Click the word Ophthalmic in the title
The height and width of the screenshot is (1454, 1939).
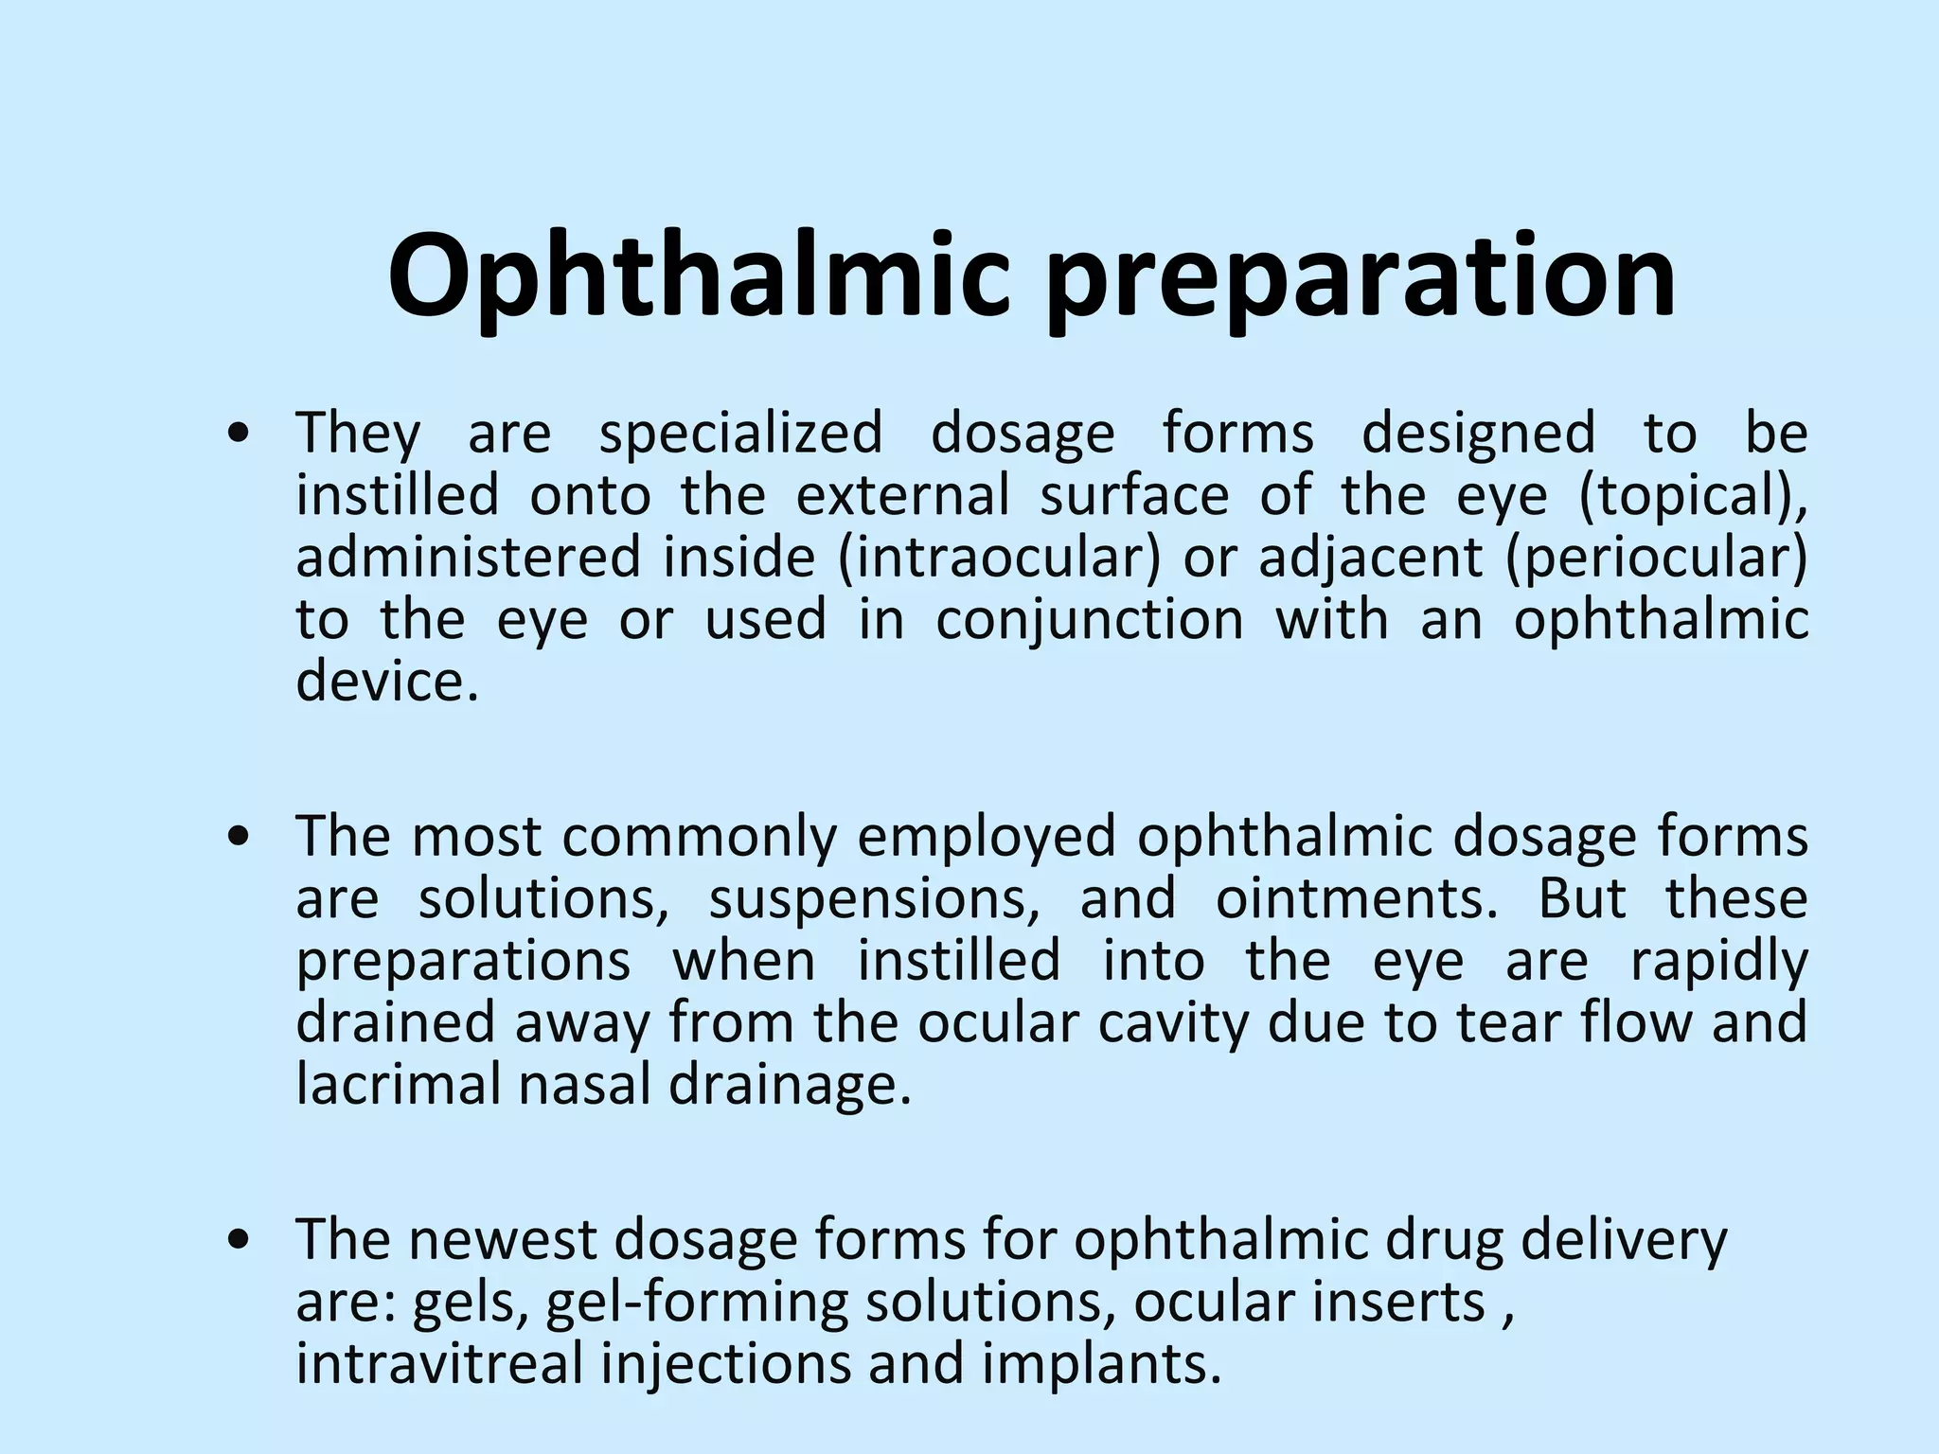(x=699, y=276)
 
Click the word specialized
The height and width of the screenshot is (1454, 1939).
(x=740, y=434)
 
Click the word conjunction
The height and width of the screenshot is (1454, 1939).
(x=1090, y=620)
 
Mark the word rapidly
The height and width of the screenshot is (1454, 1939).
(x=1718, y=962)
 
